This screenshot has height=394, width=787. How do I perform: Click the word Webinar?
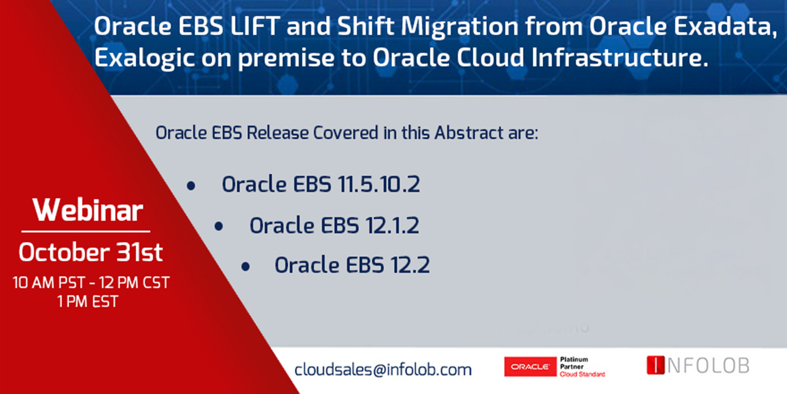tap(88, 210)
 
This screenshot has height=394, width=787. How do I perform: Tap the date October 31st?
tap(91, 252)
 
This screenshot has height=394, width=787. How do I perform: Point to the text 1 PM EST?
tap(88, 302)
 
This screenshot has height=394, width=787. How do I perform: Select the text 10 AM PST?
tap(49, 282)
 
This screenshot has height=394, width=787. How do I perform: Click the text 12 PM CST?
tap(134, 282)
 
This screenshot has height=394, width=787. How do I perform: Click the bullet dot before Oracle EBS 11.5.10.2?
tap(191, 186)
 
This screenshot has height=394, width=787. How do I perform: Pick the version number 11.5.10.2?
tap(379, 184)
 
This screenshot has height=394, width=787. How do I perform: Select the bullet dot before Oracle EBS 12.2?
tap(246, 266)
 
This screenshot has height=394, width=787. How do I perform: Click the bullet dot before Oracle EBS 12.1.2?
tap(219, 226)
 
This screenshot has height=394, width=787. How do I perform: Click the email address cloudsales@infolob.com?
tap(383, 369)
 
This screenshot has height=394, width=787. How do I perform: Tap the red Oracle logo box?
tap(530, 366)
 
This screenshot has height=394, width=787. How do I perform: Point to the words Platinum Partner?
tap(574, 363)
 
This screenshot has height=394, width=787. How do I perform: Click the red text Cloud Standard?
tap(582, 374)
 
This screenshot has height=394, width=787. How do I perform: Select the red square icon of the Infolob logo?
tap(656, 365)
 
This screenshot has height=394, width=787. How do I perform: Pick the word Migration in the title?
tap(460, 26)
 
